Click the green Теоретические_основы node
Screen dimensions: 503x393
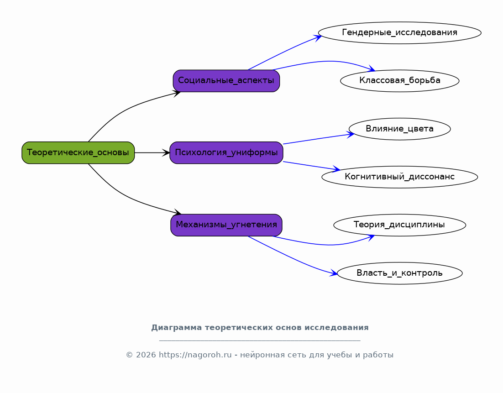tap(78, 153)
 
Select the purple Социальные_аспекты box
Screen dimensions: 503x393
tap(226, 81)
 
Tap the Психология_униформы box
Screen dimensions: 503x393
tap(226, 153)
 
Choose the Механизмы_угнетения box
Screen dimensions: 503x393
tap(226, 225)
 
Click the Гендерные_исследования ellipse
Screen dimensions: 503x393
tap(400, 33)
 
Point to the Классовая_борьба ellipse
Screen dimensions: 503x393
tap(400, 81)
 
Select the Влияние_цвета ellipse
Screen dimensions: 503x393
tap(400, 129)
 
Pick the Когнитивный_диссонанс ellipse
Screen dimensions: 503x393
tap(400, 177)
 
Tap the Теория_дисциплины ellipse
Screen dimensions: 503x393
tap(400, 225)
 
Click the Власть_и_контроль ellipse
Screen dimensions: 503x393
tap(400, 273)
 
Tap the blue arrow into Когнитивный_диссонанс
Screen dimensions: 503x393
tap(312, 166)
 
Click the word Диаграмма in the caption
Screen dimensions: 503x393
tap(177, 328)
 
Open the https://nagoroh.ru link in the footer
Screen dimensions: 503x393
tap(195, 355)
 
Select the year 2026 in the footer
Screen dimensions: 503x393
tap(146, 355)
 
